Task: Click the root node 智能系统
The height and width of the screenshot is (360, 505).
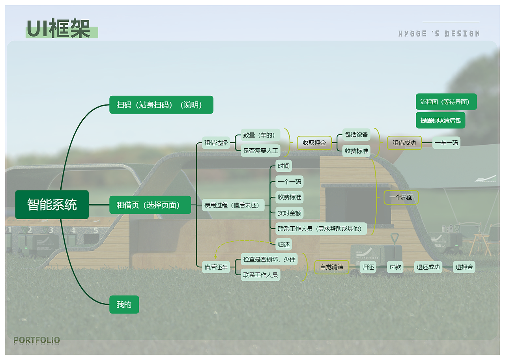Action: pyautogui.click(x=52, y=205)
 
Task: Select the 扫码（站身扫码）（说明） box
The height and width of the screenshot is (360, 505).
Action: pyautogui.click(x=161, y=105)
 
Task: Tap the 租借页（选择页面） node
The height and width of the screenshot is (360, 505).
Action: pyautogui.click(x=150, y=205)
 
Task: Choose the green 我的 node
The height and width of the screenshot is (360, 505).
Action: pyautogui.click(x=124, y=304)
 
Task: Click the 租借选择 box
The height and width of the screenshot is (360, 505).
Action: pyautogui.click(x=216, y=143)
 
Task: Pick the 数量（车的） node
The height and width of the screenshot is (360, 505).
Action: pyautogui.click(x=260, y=135)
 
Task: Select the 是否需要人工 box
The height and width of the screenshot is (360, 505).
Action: pyautogui.click(x=260, y=151)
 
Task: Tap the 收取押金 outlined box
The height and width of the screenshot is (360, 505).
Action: pyautogui.click(x=314, y=143)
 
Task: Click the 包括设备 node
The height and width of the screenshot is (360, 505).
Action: pyautogui.click(x=356, y=134)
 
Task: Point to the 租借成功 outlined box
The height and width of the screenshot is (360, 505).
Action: pyautogui.click(x=404, y=143)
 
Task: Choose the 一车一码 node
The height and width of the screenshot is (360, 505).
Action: pyautogui.click(x=446, y=143)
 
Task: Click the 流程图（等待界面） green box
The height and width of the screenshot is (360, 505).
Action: pyautogui.click(x=446, y=102)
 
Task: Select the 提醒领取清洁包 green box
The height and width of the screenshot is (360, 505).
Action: pyautogui.click(x=440, y=120)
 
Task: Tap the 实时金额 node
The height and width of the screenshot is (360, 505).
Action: pyautogui.click(x=289, y=213)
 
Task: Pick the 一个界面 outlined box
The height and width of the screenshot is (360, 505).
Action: pyautogui.click(x=401, y=197)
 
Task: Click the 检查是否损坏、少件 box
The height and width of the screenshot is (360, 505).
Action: pyautogui.click(x=269, y=259)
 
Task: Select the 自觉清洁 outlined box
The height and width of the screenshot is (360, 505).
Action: pyautogui.click(x=331, y=267)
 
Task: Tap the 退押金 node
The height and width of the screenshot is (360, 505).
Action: pyautogui.click(x=464, y=267)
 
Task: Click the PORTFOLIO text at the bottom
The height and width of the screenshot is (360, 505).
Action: pyautogui.click(x=37, y=340)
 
